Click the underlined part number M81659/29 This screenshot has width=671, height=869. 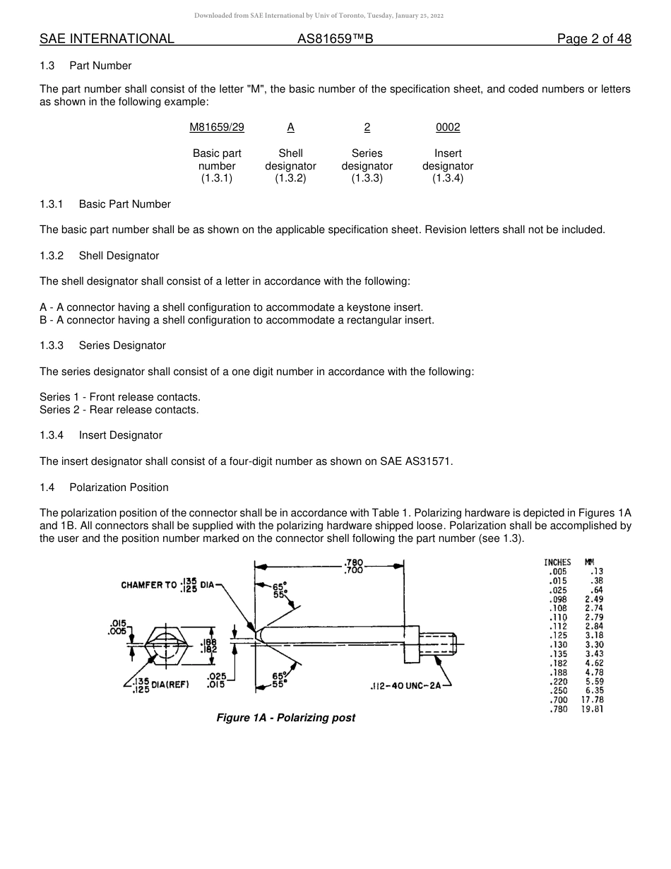click(x=217, y=127)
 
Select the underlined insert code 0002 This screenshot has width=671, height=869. click(x=448, y=127)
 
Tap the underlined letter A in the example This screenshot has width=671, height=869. click(x=290, y=127)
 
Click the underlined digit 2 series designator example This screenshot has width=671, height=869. click(x=367, y=127)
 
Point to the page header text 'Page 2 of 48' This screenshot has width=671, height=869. click(x=594, y=39)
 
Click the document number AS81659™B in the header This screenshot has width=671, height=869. click(x=335, y=39)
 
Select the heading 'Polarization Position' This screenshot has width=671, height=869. click(x=119, y=487)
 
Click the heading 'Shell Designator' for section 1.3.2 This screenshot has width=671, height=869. click(x=119, y=256)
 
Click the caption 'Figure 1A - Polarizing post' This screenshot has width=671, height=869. click(x=285, y=718)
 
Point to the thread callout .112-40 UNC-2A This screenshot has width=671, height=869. click(x=406, y=686)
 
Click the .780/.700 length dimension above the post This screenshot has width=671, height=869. click(x=353, y=567)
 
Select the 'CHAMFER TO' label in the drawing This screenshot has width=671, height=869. click(x=149, y=585)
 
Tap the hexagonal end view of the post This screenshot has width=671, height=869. click(x=165, y=644)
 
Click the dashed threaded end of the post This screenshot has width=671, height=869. click(x=437, y=643)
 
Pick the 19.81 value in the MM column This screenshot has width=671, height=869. click(x=592, y=709)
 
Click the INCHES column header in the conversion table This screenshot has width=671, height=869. click(x=557, y=562)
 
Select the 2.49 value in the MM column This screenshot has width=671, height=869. click(x=594, y=599)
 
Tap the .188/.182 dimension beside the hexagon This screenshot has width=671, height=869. click(x=209, y=646)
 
